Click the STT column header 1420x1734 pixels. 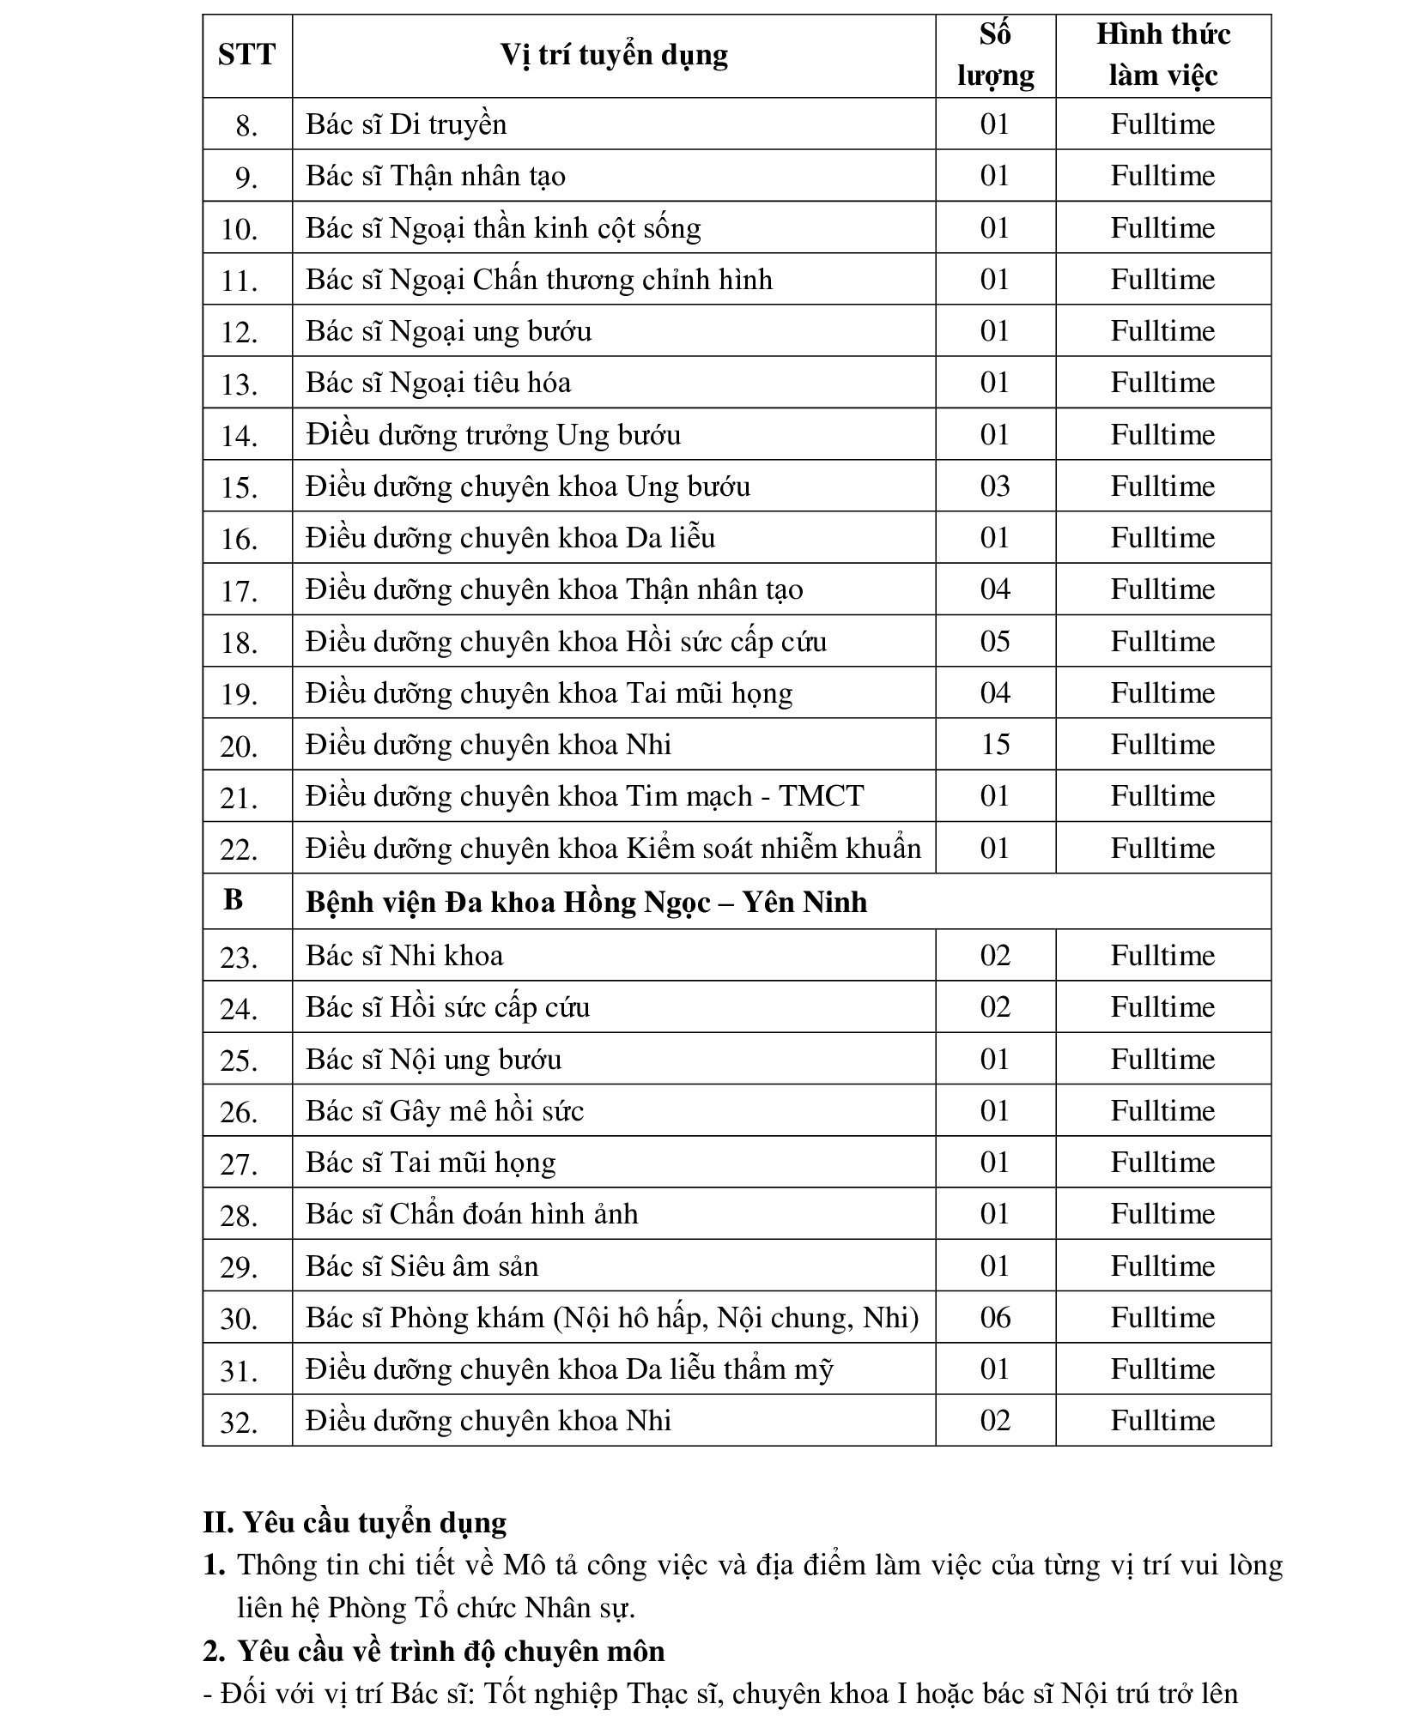coord(246,55)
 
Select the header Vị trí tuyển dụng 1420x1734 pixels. coord(613,55)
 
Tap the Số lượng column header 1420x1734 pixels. coord(994,55)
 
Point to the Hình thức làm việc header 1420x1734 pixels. coord(1162,55)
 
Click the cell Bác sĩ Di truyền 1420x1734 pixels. coord(406,124)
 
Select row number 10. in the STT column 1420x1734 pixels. coord(240,229)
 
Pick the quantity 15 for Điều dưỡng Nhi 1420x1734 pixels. coord(994,744)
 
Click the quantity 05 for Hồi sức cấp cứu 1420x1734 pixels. coord(994,641)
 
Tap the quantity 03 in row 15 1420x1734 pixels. coord(994,486)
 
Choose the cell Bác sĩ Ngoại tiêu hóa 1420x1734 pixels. coord(438,383)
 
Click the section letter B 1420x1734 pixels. coord(233,899)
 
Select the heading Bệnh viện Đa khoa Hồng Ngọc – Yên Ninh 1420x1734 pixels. coord(586,902)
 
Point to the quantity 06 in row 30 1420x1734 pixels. coord(994,1317)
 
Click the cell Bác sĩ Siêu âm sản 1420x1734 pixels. coord(422,1266)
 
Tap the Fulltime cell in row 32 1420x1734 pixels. coord(1162,1420)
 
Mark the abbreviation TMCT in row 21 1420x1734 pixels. coord(820,796)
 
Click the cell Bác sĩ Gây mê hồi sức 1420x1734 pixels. coord(444,1111)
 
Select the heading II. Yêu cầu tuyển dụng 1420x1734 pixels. coord(355,1523)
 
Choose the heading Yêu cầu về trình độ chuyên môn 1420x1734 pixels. coord(451,1651)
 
